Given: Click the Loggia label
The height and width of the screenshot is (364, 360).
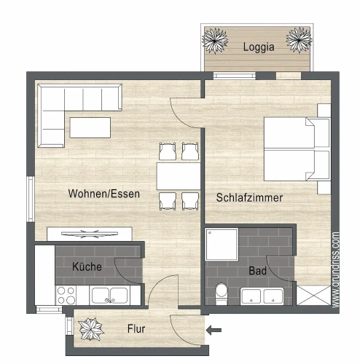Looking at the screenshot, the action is pyautogui.click(x=259, y=47).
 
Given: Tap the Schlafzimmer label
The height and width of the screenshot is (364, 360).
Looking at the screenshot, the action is pyautogui.click(x=249, y=197).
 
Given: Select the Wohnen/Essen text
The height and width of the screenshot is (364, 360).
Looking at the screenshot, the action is pyautogui.click(x=104, y=194).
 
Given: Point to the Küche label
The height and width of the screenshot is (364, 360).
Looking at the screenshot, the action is pyautogui.click(x=87, y=266).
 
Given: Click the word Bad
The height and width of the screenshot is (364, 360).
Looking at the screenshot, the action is pyautogui.click(x=258, y=271).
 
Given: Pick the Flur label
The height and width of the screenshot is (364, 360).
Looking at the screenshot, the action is pyautogui.click(x=136, y=329).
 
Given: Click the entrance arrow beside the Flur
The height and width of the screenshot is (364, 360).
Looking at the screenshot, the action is pyautogui.click(x=214, y=330).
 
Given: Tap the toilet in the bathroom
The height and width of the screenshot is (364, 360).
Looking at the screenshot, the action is pyautogui.click(x=221, y=293).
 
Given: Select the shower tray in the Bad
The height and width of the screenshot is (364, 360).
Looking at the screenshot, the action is pyautogui.click(x=222, y=245).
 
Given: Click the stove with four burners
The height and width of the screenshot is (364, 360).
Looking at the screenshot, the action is pyautogui.click(x=66, y=295).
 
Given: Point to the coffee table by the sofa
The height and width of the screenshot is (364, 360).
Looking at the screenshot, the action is pyautogui.click(x=90, y=127).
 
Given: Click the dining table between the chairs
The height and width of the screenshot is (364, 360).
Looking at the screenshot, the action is pyautogui.click(x=179, y=176).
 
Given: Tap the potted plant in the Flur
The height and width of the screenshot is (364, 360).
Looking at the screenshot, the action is pyautogui.click(x=91, y=329).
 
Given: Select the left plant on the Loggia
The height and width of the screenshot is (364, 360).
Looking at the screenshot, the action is pyautogui.click(x=215, y=41).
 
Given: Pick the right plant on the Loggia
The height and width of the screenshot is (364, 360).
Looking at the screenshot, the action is pyautogui.click(x=299, y=40).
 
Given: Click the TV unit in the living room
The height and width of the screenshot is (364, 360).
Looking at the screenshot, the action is pyautogui.click(x=90, y=234).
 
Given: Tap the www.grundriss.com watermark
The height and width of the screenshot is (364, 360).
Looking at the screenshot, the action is pyautogui.click(x=335, y=270).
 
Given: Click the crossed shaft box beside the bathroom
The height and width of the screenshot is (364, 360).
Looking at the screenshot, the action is pyautogui.click(x=313, y=296).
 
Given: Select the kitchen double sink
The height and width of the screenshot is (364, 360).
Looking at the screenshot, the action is pyautogui.click(x=109, y=295).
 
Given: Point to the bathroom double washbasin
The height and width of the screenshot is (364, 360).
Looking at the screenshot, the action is pyautogui.click(x=262, y=296).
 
